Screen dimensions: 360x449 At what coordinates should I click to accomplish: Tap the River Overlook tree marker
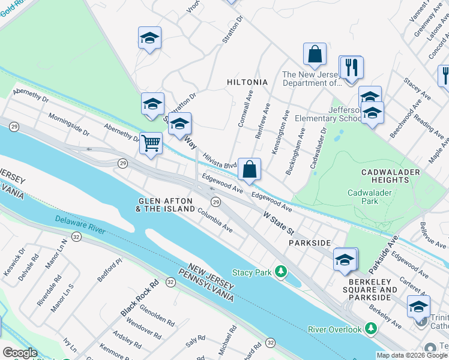[x=371, y=329]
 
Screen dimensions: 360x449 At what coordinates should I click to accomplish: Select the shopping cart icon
[x=151, y=143]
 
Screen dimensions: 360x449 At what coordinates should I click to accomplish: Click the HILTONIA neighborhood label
[x=247, y=82]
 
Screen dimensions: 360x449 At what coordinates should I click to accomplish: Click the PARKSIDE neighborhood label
[x=310, y=242]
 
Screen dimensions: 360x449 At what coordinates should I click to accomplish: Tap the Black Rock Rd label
[x=139, y=298]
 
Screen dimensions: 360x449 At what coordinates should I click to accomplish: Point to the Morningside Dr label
[x=68, y=124]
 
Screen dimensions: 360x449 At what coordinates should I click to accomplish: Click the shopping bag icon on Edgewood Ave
[x=249, y=169]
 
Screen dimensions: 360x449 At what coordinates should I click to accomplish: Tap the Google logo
[x=20, y=352]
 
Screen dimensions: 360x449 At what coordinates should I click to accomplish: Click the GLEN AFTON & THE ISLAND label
[x=166, y=205]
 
